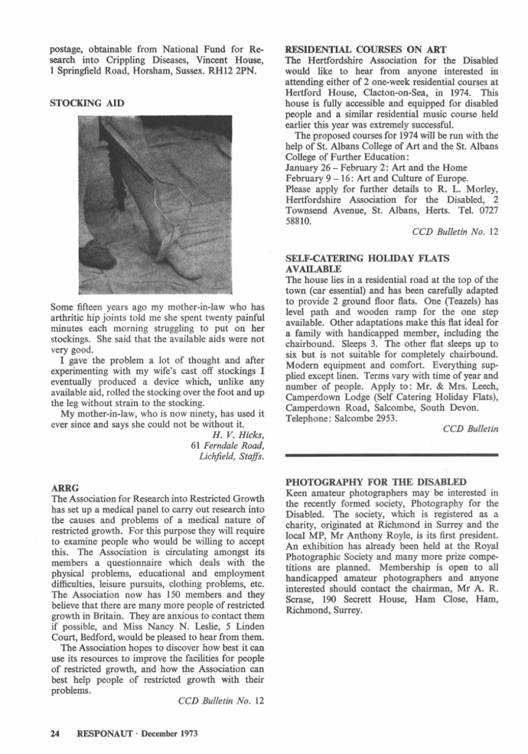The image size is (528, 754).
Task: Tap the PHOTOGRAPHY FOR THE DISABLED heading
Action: [375, 483]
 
